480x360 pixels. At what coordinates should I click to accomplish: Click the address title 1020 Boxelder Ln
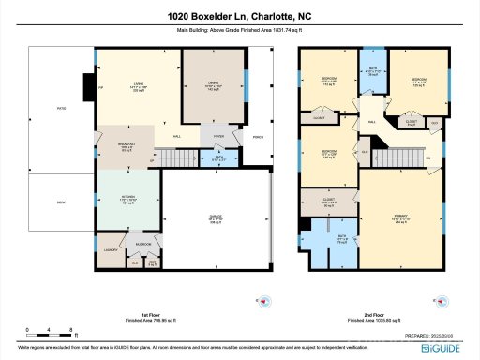point(240,16)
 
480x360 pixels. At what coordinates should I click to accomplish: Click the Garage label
point(215,220)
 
